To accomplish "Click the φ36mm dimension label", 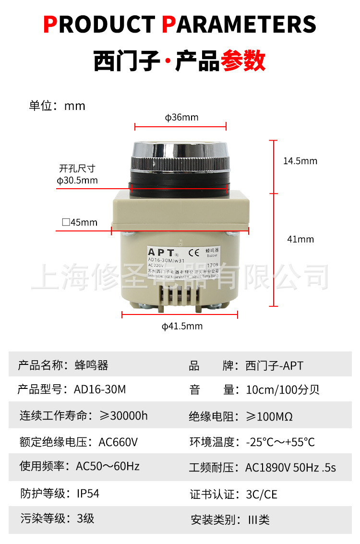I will coord(181,118).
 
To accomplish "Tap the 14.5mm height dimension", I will coord(300,161).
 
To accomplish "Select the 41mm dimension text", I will coord(300,239).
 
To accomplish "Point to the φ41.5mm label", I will coord(182,326).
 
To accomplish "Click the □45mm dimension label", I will coord(80,222).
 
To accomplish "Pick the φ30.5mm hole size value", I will coord(77,181).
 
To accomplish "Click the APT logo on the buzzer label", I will coord(161,253).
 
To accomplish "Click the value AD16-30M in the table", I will coord(100,389).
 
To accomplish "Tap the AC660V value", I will coord(119,441).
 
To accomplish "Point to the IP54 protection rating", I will coord(88,493).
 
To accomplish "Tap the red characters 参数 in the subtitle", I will coord(243,61).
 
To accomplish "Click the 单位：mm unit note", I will coord(57,106).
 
